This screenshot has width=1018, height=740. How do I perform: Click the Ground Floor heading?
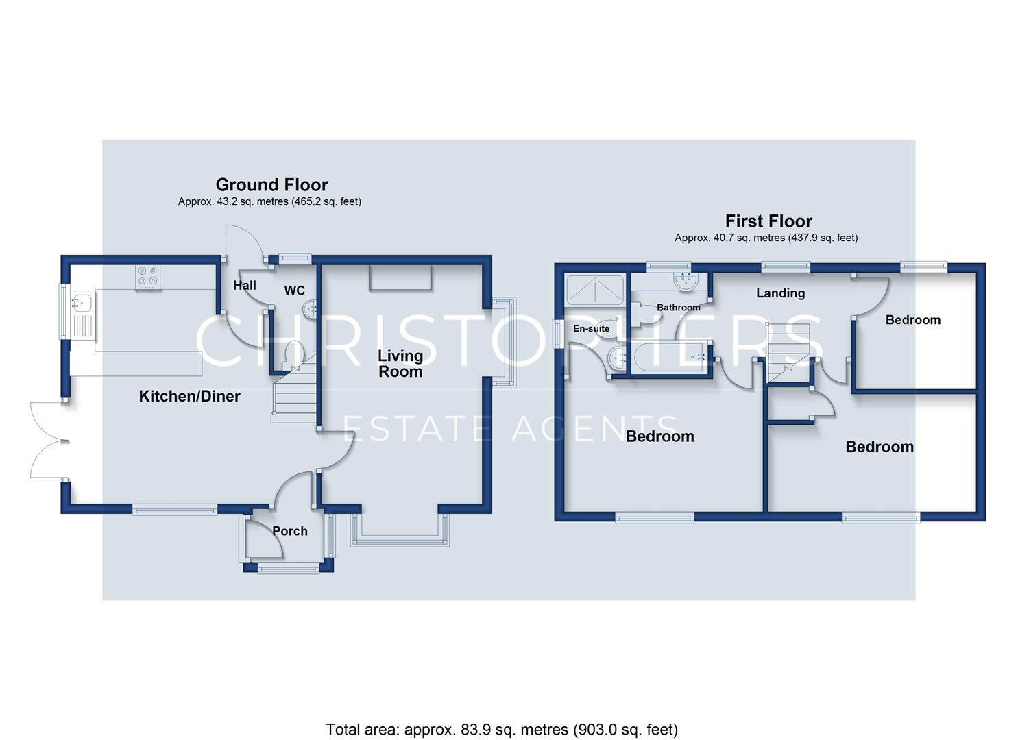(x=271, y=185)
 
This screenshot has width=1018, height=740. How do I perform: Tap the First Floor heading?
(x=768, y=221)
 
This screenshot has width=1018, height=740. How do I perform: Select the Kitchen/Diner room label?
(x=189, y=396)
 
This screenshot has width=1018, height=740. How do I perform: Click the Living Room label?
(x=400, y=364)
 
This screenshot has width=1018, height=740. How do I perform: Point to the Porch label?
(x=290, y=531)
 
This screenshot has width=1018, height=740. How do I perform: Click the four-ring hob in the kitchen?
(x=148, y=277)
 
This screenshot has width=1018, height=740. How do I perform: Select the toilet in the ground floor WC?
(x=292, y=355)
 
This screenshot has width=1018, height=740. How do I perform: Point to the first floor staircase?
(x=788, y=353)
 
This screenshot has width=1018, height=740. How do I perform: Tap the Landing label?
(x=780, y=293)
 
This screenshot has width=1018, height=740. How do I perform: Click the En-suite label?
(x=591, y=328)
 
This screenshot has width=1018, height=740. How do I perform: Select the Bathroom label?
(x=679, y=308)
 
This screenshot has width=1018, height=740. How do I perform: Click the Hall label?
(x=245, y=285)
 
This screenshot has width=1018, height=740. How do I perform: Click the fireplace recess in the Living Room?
(x=400, y=277)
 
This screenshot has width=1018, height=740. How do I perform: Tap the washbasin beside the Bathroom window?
(x=686, y=281)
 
